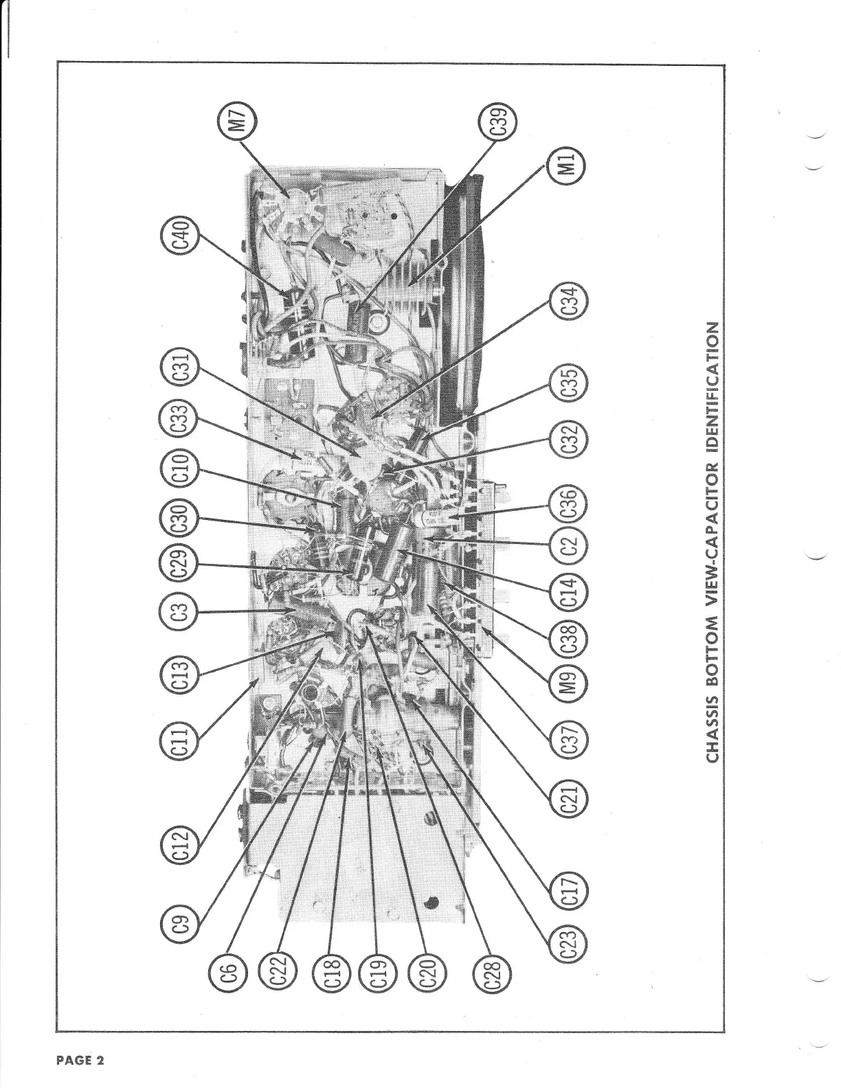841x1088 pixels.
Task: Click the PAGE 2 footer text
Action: click(x=80, y=1060)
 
